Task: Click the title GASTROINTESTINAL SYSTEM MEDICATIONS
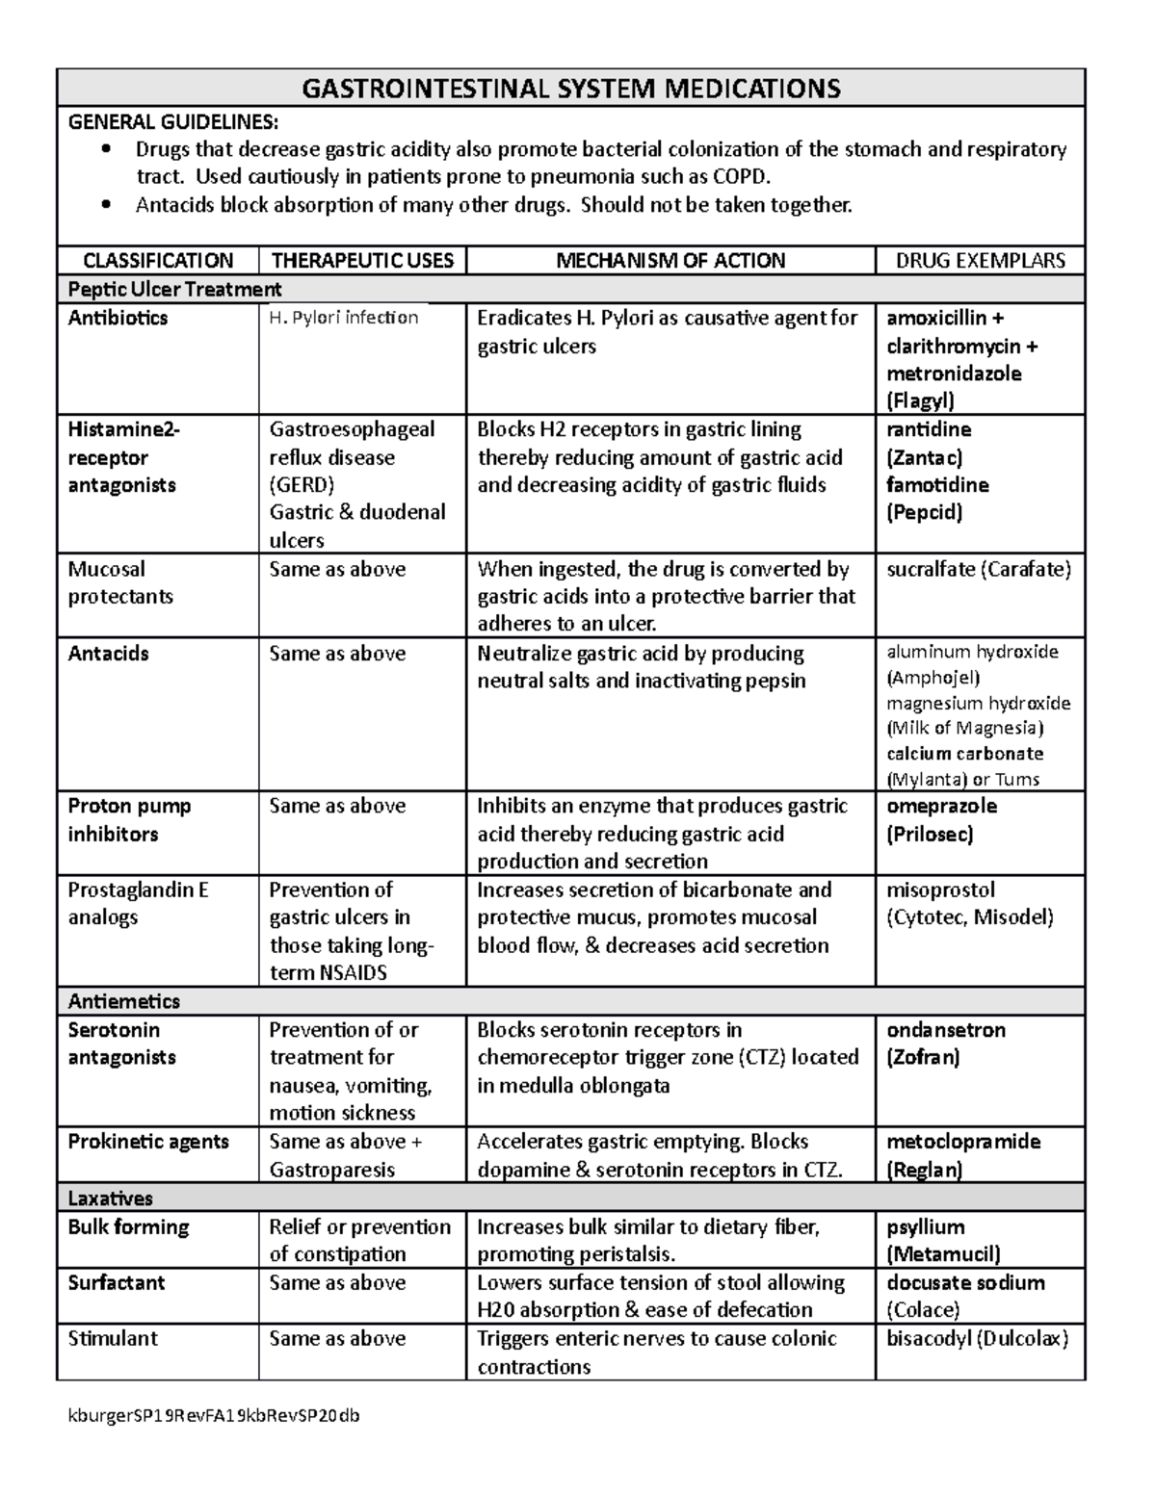pyautogui.click(x=571, y=89)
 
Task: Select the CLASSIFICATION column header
pyautogui.click(x=158, y=260)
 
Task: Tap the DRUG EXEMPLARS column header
pyautogui.click(x=980, y=260)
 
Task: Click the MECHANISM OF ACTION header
pyautogui.click(x=670, y=260)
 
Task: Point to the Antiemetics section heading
pyautogui.click(x=123, y=1001)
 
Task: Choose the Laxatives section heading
pyautogui.click(x=110, y=1199)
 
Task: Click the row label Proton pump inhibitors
pyautogui.click(x=129, y=819)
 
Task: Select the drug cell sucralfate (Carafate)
pyautogui.click(x=978, y=569)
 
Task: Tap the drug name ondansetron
pyautogui.click(x=946, y=1030)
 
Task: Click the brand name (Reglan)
pyautogui.click(x=924, y=1170)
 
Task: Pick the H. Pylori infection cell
pyautogui.click(x=344, y=318)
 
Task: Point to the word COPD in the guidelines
pyautogui.click(x=740, y=176)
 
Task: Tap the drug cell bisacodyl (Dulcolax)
pyautogui.click(x=977, y=1338)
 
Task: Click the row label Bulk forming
pyautogui.click(x=128, y=1226)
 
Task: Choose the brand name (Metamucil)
pyautogui.click(x=943, y=1253)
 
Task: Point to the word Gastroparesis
pyautogui.click(x=332, y=1170)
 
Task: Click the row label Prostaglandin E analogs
pyautogui.click(x=138, y=903)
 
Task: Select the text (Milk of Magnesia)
pyautogui.click(x=964, y=728)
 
